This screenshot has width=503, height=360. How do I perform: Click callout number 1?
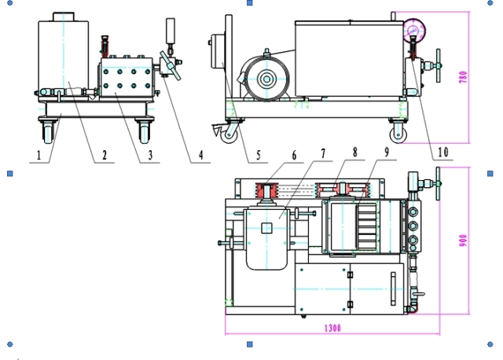pos(39,156)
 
